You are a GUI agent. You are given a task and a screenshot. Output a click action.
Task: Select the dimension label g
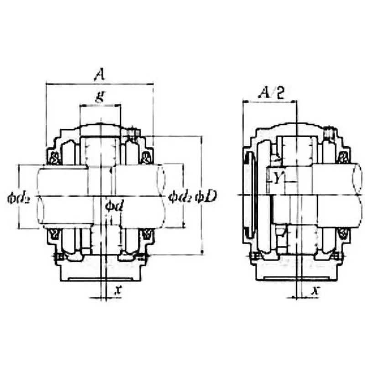[x=99, y=97]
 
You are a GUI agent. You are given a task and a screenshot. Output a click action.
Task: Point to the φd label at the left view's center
[x=113, y=205]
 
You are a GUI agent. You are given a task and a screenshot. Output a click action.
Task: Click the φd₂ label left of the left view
[x=19, y=197]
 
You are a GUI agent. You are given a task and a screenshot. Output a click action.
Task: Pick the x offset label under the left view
[x=118, y=289]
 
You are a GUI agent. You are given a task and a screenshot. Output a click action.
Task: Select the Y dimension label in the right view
[x=277, y=178]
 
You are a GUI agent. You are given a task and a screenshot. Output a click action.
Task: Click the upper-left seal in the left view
[x=53, y=158]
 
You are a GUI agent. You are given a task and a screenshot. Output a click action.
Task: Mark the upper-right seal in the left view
[x=147, y=158]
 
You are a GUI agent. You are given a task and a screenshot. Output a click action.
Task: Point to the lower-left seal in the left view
[x=53, y=234]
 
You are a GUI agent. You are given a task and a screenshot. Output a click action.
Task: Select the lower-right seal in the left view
[x=147, y=234]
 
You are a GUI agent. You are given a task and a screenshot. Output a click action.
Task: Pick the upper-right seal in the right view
[x=343, y=158]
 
